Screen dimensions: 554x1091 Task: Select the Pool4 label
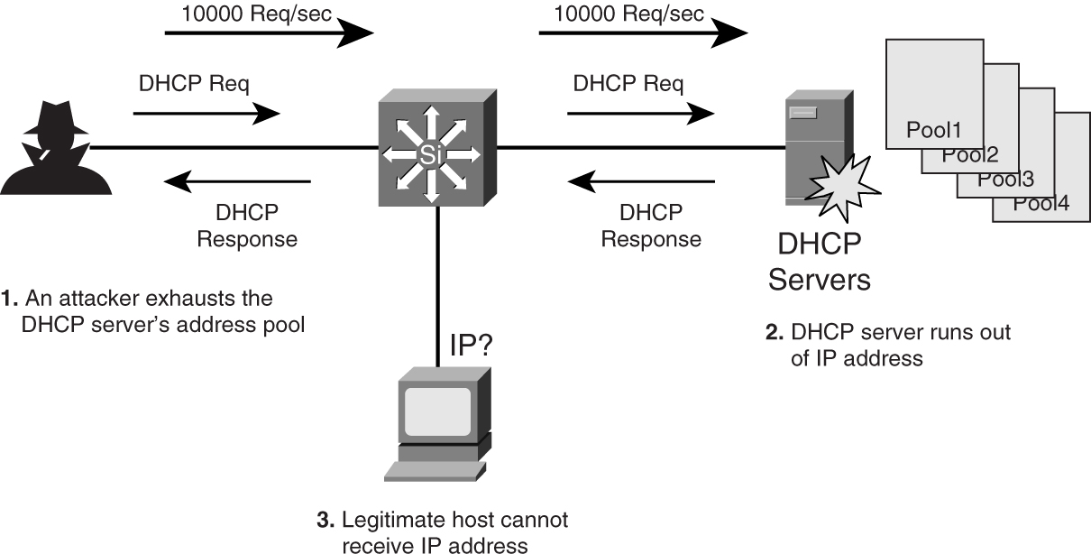pyautogui.click(x=1041, y=203)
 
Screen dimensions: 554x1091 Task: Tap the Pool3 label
pyautogui.click(x=1004, y=179)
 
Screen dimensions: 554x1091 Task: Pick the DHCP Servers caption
pyautogui.click(x=819, y=261)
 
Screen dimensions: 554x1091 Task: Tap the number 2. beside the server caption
pyautogui.click(x=775, y=333)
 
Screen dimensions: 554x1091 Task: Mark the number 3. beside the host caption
pyautogui.click(x=325, y=522)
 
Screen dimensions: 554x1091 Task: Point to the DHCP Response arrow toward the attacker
pyautogui.click(x=237, y=183)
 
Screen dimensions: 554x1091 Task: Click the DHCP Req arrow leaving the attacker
pyautogui.click(x=206, y=114)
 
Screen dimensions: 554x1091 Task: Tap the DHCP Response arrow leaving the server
pyautogui.click(x=641, y=183)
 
